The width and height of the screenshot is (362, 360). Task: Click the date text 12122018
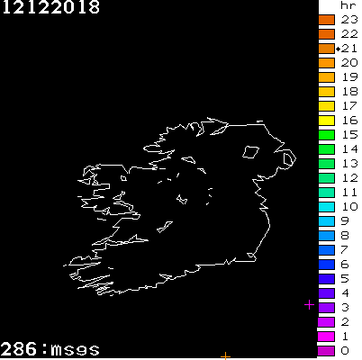tap(50, 8)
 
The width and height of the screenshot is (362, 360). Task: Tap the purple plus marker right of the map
tap(309, 305)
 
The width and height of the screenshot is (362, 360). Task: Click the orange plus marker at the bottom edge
tap(225, 356)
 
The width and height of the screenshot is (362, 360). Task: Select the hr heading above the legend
tap(349, 5)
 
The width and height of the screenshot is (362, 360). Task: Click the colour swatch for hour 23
tap(326, 19)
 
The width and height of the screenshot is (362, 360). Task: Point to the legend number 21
tap(349, 48)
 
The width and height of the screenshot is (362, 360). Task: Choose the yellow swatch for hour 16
tap(326, 120)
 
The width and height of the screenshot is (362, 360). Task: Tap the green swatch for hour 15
tap(326, 134)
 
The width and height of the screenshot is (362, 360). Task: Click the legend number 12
tap(349, 177)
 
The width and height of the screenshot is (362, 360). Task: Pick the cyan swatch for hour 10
tap(326, 206)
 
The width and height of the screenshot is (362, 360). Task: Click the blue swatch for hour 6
tap(326, 264)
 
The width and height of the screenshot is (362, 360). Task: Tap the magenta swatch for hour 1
tap(326, 336)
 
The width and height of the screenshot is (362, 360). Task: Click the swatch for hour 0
tap(326, 350)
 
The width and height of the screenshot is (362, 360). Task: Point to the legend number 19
tap(349, 76)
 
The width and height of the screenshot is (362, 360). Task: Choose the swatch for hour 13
tap(326, 163)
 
